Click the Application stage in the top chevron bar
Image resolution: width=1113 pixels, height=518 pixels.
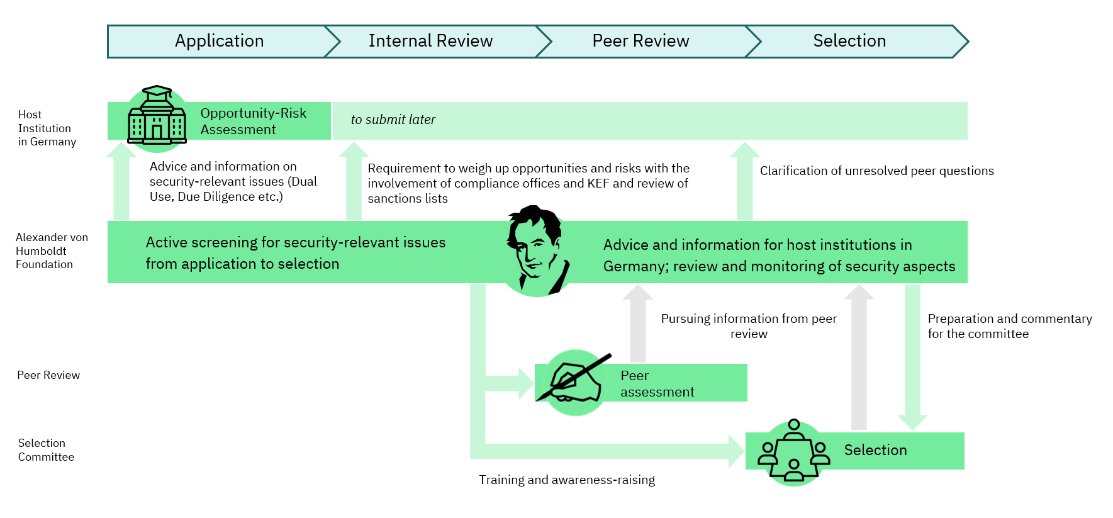click(219, 42)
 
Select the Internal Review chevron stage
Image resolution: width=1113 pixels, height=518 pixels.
click(430, 42)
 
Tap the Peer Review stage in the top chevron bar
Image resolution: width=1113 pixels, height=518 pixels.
click(640, 42)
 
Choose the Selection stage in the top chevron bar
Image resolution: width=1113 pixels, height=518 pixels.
click(849, 42)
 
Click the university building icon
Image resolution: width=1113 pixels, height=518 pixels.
click(157, 118)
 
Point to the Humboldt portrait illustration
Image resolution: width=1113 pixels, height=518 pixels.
click(537, 251)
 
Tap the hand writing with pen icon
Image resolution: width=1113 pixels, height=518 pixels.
click(574, 382)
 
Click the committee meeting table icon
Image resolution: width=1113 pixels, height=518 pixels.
click(793, 453)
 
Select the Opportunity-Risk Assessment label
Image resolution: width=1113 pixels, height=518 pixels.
click(253, 121)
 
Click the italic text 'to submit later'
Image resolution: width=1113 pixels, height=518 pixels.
click(393, 120)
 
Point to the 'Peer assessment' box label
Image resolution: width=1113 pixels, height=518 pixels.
click(657, 384)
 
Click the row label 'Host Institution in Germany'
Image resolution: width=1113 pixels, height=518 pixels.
click(47, 128)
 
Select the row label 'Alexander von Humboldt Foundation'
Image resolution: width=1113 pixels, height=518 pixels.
click(52, 251)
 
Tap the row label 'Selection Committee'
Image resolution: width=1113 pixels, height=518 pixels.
click(46, 450)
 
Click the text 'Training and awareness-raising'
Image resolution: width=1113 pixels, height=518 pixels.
click(566, 480)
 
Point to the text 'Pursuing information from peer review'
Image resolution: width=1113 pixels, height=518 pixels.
click(749, 326)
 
